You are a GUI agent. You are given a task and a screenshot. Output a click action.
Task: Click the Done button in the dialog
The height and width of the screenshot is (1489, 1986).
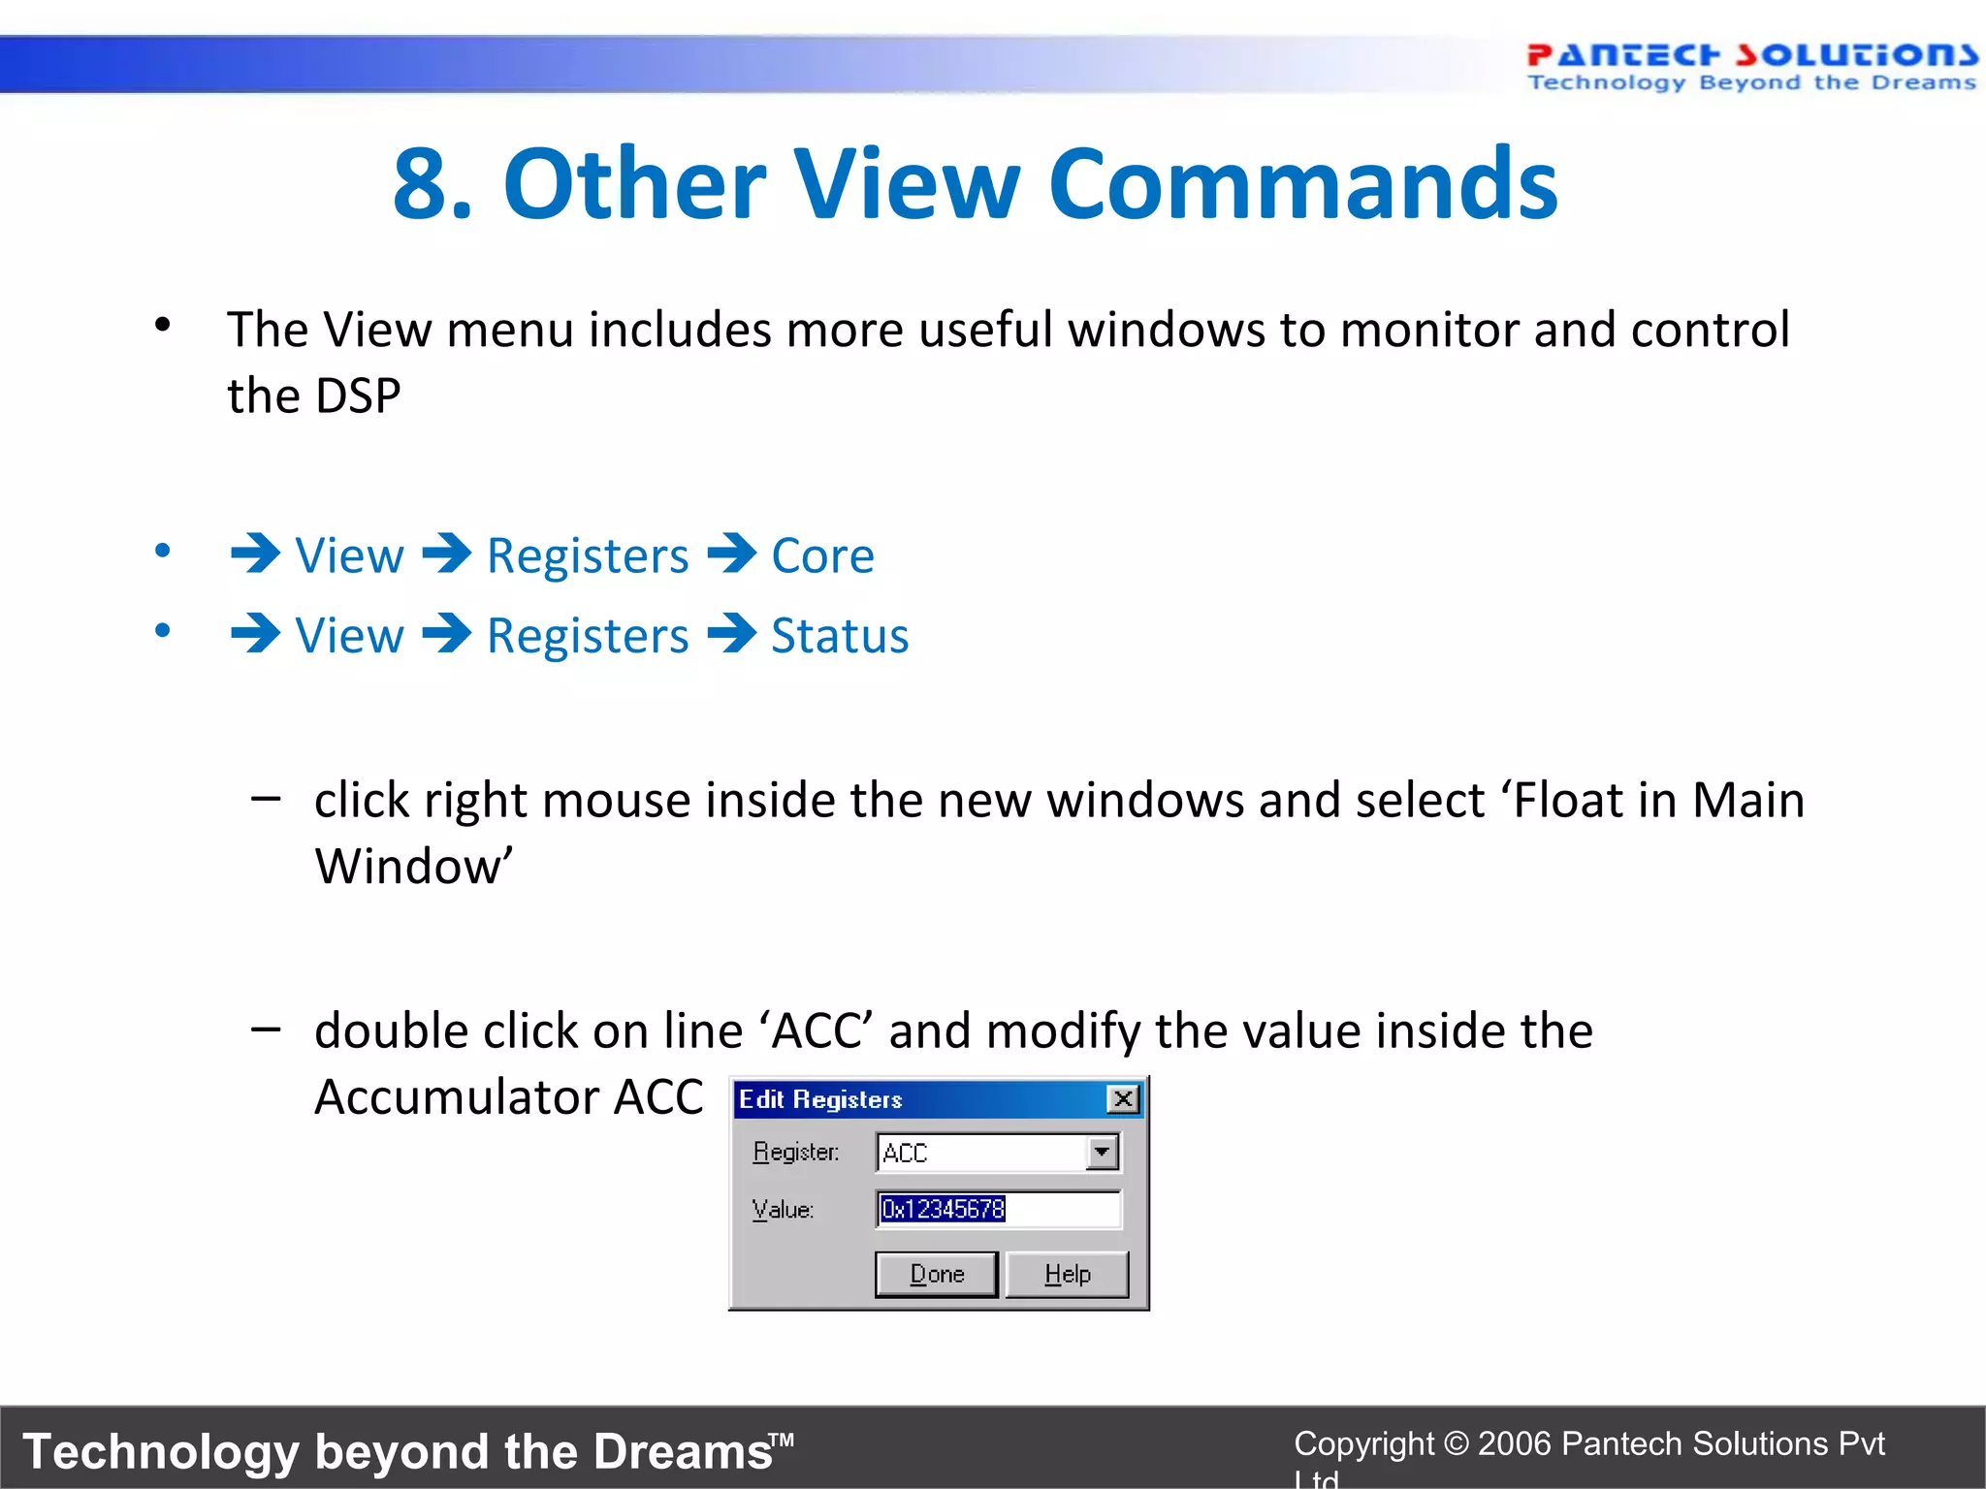pos(936,1274)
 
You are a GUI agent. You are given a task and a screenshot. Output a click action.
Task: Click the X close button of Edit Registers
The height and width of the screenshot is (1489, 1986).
pos(1123,1099)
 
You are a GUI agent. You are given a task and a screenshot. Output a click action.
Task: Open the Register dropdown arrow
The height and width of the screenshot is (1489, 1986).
pos(1102,1153)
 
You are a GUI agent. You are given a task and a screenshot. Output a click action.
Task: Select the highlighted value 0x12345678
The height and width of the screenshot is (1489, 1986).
pos(943,1209)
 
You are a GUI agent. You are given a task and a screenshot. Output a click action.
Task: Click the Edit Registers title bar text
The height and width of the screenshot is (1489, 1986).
pos(820,1099)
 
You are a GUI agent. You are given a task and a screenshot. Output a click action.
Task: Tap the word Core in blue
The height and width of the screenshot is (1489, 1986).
pos(822,556)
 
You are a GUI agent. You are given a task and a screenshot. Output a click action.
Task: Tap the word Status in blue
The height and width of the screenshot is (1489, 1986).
pos(840,637)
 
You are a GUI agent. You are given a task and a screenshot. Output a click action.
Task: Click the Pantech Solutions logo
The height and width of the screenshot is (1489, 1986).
pos(1750,66)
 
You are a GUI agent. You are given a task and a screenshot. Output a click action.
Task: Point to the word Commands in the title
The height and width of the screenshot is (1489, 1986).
pos(1302,184)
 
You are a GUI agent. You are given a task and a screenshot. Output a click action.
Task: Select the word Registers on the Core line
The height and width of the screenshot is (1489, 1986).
pos(588,556)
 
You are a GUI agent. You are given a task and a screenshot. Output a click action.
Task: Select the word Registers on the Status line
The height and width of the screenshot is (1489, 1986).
pos(588,637)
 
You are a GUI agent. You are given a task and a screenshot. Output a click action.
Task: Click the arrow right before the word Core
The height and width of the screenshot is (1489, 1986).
pos(732,554)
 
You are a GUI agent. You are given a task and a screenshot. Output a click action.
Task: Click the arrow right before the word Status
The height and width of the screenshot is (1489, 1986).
pos(732,635)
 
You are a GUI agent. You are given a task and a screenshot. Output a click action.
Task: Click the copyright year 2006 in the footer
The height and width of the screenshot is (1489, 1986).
pos(1515,1443)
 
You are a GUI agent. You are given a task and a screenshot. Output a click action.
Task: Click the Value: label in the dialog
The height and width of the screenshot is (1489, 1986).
pos(783,1210)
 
